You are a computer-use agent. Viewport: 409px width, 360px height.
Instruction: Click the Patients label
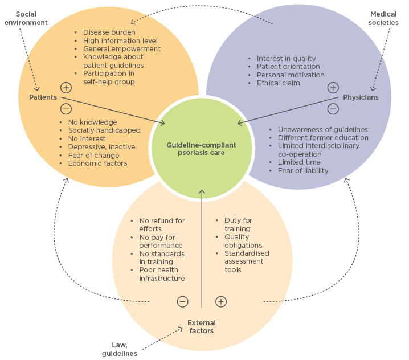tap(43, 97)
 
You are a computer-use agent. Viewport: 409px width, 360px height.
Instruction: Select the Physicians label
tap(361, 97)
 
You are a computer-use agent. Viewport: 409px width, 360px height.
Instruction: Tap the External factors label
tap(202, 326)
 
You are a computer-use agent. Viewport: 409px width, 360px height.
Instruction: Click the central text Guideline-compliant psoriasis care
tap(201, 149)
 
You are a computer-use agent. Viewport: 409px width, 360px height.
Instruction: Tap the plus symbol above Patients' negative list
tap(66, 88)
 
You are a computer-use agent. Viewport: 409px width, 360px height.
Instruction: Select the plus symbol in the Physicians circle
tap(333, 88)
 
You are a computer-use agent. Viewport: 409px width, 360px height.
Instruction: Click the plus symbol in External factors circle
tap(221, 301)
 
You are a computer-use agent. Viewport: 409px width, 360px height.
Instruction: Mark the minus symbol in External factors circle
tap(182, 301)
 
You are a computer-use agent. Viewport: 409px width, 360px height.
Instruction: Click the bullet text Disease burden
tap(109, 32)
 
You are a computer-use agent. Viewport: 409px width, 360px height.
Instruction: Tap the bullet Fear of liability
tap(302, 170)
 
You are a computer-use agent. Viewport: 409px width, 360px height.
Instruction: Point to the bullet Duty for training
tap(238, 224)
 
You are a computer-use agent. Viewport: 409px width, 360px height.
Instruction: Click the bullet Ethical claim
tap(278, 83)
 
